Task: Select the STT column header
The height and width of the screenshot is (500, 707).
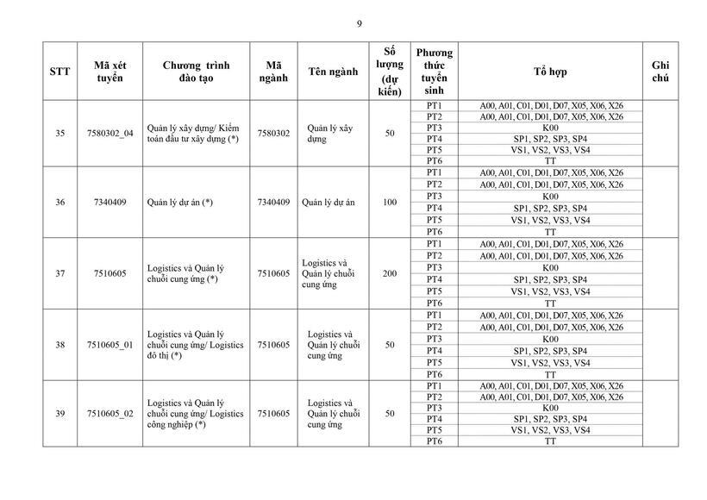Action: coord(60,72)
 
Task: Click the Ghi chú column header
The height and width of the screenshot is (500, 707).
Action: coord(660,72)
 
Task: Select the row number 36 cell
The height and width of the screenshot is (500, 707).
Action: coord(60,203)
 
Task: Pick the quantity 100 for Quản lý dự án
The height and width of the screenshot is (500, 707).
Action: coord(390,203)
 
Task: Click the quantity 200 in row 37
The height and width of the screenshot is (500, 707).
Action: coord(390,274)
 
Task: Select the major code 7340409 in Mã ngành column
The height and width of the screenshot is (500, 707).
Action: coord(273,203)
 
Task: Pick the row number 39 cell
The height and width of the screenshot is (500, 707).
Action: coord(60,414)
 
